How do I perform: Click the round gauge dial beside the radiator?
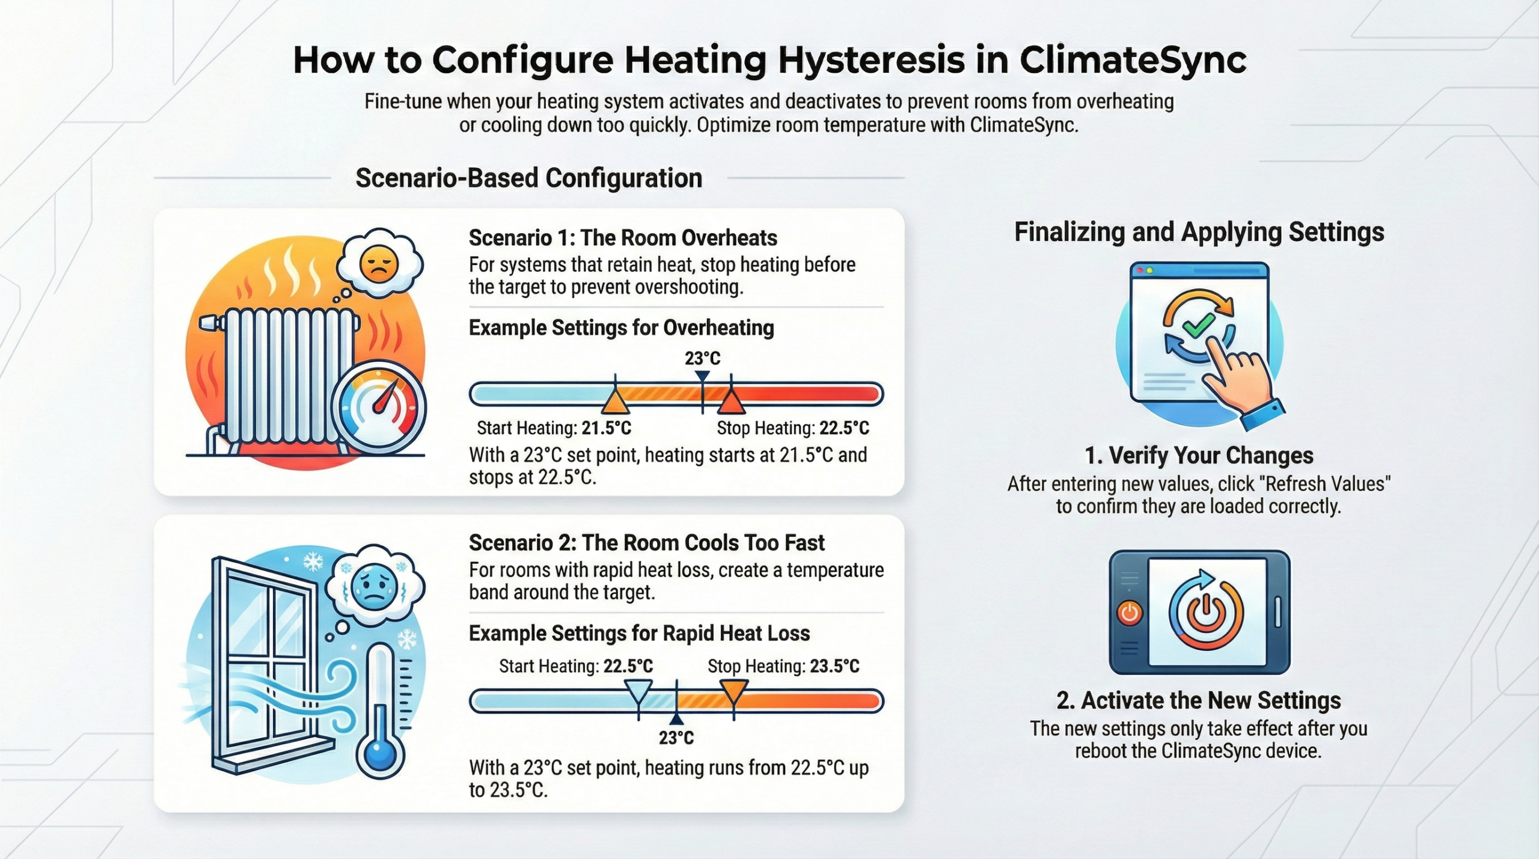[379, 408]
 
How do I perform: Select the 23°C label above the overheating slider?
[702, 358]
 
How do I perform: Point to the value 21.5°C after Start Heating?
[606, 428]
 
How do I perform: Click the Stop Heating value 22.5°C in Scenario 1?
[844, 428]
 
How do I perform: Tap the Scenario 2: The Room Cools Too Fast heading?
[646, 543]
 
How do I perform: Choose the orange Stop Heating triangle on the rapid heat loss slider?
[734, 691]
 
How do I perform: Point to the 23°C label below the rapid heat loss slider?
[676, 738]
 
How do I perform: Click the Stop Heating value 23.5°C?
[834, 666]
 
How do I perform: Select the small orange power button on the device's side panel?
[1129, 613]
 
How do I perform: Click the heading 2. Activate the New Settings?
[1199, 700]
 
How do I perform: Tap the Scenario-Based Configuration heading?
[529, 178]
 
